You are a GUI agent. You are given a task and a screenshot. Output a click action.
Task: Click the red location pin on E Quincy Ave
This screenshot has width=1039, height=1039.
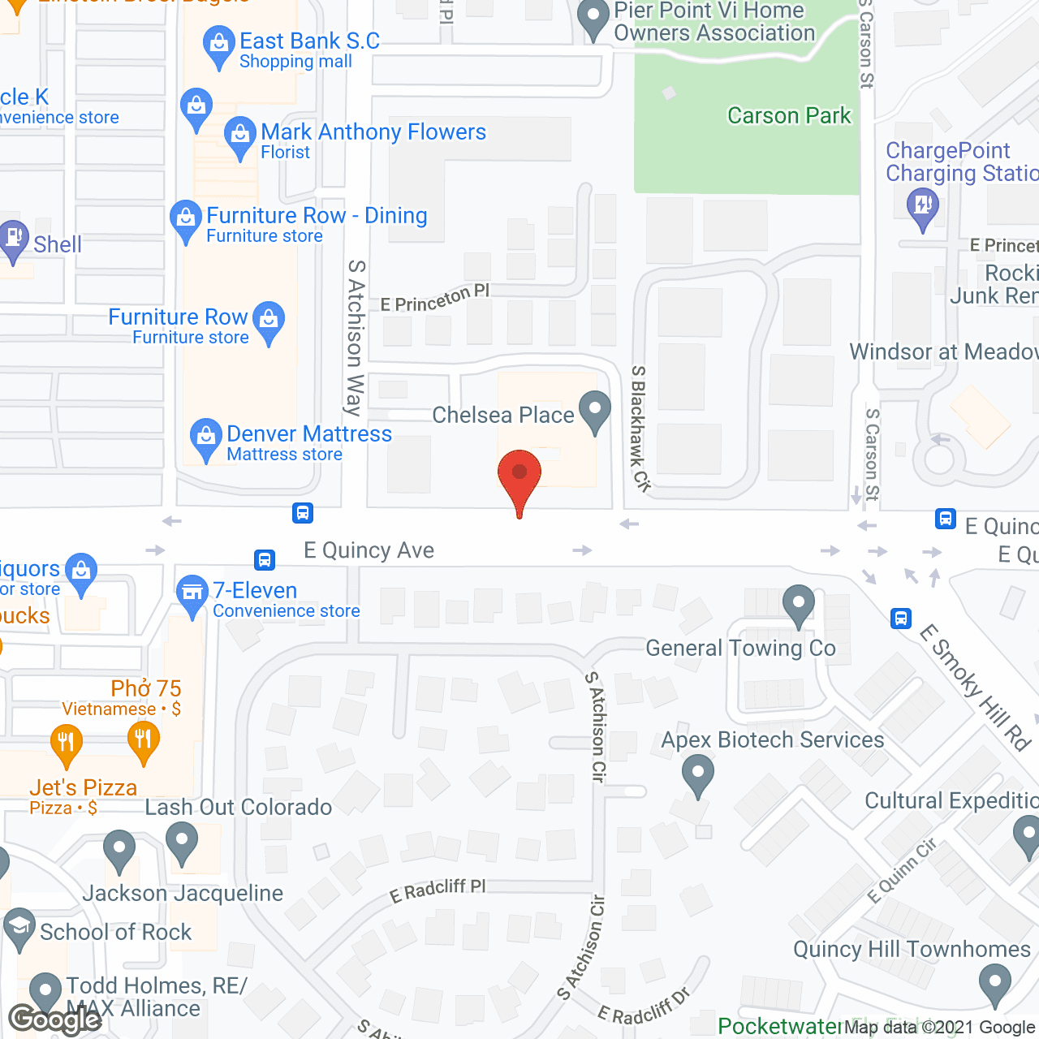click(x=519, y=476)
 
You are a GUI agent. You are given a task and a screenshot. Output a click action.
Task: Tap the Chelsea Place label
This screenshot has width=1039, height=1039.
click(x=502, y=415)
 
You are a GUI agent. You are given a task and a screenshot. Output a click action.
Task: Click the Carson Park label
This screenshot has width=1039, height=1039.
click(x=789, y=116)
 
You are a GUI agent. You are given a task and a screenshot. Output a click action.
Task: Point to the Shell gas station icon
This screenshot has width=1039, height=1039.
click(x=13, y=239)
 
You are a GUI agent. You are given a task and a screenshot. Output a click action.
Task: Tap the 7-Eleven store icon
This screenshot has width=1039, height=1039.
click(x=192, y=593)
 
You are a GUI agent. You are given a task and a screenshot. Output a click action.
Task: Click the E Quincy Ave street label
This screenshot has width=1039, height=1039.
click(x=369, y=550)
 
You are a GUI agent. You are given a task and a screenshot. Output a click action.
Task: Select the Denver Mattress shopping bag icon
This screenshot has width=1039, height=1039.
click(x=206, y=437)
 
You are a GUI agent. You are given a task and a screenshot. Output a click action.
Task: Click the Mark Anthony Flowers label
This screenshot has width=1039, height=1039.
click(x=373, y=132)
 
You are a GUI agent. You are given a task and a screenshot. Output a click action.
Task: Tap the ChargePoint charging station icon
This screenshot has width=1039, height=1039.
click(x=923, y=204)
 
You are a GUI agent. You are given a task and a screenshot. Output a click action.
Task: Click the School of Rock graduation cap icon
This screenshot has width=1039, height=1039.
click(x=19, y=928)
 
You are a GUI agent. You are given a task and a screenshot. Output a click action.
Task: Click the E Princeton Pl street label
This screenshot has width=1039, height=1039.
click(x=435, y=299)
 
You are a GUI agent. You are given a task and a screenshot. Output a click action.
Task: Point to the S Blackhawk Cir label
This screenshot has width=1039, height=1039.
click(x=640, y=429)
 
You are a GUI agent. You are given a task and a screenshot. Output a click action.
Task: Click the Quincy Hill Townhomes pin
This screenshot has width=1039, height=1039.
click(x=995, y=984)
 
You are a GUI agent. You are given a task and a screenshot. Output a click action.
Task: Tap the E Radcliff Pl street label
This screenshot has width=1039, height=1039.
click(x=438, y=890)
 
